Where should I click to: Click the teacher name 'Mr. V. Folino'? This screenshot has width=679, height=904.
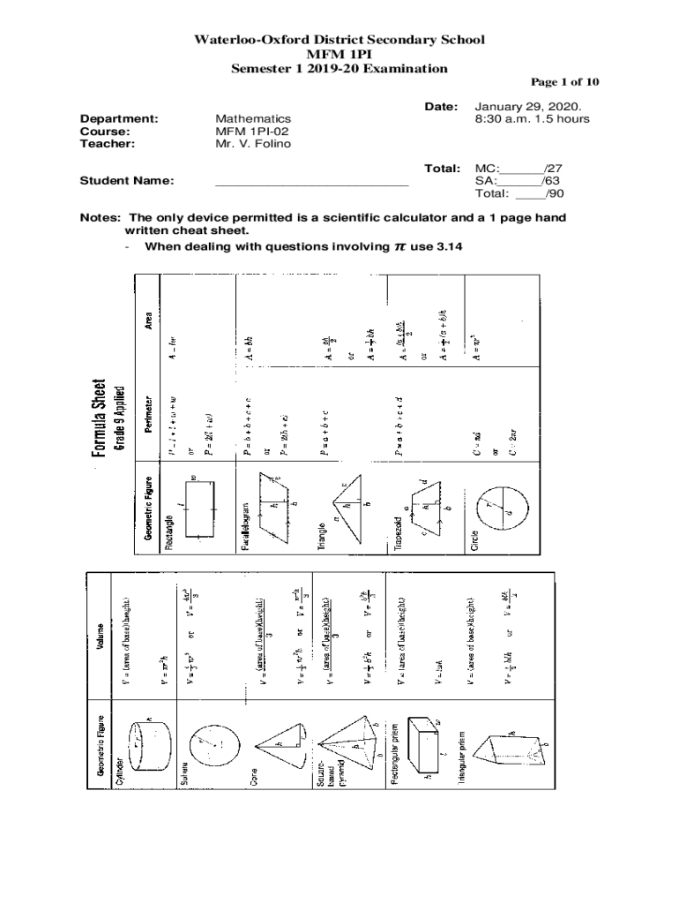252,144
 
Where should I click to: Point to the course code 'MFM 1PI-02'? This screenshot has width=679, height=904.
253,131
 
